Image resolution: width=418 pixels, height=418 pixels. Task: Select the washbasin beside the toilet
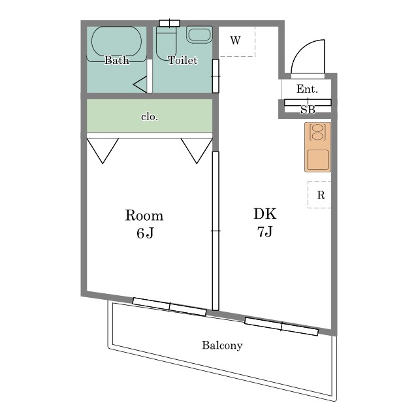(x=199, y=35)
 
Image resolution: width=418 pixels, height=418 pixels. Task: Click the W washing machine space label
(x=235, y=40)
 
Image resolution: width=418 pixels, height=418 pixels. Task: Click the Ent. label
(x=307, y=89)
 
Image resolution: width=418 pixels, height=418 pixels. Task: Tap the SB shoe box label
(x=308, y=110)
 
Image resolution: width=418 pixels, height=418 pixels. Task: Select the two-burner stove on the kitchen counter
(x=317, y=132)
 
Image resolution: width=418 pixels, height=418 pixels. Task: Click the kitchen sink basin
(x=318, y=159)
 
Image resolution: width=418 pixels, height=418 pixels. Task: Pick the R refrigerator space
(x=320, y=195)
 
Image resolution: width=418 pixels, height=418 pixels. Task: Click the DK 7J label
(x=265, y=223)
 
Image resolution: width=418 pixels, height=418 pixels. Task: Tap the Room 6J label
(x=144, y=224)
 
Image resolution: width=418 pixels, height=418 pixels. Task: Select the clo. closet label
(x=150, y=117)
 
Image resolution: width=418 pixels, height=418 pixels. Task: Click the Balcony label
(x=222, y=346)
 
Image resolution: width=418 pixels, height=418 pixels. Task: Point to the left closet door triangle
(x=103, y=151)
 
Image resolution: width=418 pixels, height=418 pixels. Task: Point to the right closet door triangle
(x=197, y=151)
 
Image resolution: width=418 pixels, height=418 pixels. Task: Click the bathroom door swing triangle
(x=140, y=84)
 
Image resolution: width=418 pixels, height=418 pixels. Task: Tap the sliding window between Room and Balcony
(x=170, y=307)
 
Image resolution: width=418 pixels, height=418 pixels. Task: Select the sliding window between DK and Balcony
(x=281, y=327)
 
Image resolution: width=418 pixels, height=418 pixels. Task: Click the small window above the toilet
(x=170, y=24)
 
